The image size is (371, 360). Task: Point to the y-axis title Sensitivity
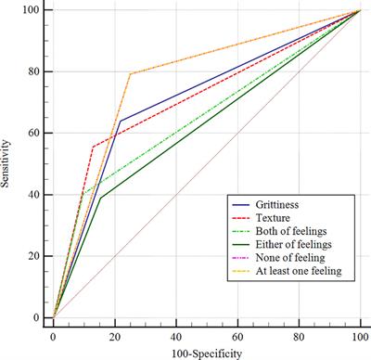(8, 163)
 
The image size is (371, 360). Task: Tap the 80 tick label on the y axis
(33, 72)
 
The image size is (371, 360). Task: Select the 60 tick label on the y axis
(33, 134)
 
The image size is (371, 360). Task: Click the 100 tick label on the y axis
(31, 11)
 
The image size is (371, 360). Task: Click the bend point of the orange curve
(129, 74)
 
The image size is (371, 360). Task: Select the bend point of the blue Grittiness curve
(120, 121)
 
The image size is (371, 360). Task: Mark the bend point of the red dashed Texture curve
(92, 147)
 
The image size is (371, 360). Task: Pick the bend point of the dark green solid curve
(99, 198)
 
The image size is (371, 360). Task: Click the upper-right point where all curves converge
(359, 11)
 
